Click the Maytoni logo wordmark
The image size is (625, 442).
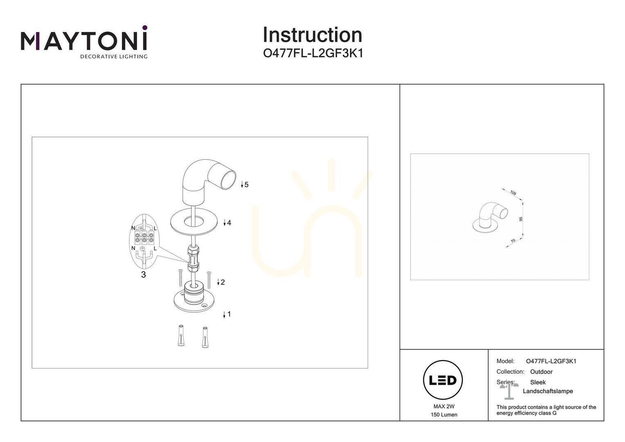(84, 41)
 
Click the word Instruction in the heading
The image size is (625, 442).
(312, 35)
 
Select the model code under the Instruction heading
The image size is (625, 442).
(313, 53)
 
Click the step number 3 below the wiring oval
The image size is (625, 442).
(144, 275)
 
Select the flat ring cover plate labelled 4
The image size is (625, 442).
(195, 223)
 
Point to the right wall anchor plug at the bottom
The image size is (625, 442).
(205, 337)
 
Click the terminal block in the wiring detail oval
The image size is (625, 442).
(144, 237)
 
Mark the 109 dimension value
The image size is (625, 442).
(513, 193)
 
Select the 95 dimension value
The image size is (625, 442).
(521, 219)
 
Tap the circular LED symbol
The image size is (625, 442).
(443, 380)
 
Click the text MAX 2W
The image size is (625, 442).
(444, 406)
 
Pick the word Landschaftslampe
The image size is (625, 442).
(548, 391)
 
